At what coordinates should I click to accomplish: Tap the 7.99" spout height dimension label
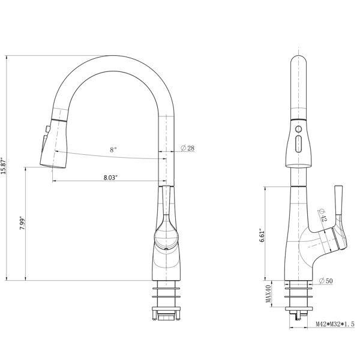(x=22, y=223)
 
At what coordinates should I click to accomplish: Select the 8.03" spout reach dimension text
(x=110, y=178)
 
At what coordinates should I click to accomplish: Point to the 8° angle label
(x=113, y=150)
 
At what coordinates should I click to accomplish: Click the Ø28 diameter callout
(x=187, y=148)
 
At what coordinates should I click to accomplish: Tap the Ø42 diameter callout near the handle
(x=322, y=215)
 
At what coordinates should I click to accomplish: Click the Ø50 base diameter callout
(x=326, y=281)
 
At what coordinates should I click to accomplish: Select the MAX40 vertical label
(x=268, y=293)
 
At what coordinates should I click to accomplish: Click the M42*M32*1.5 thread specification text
(x=335, y=324)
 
